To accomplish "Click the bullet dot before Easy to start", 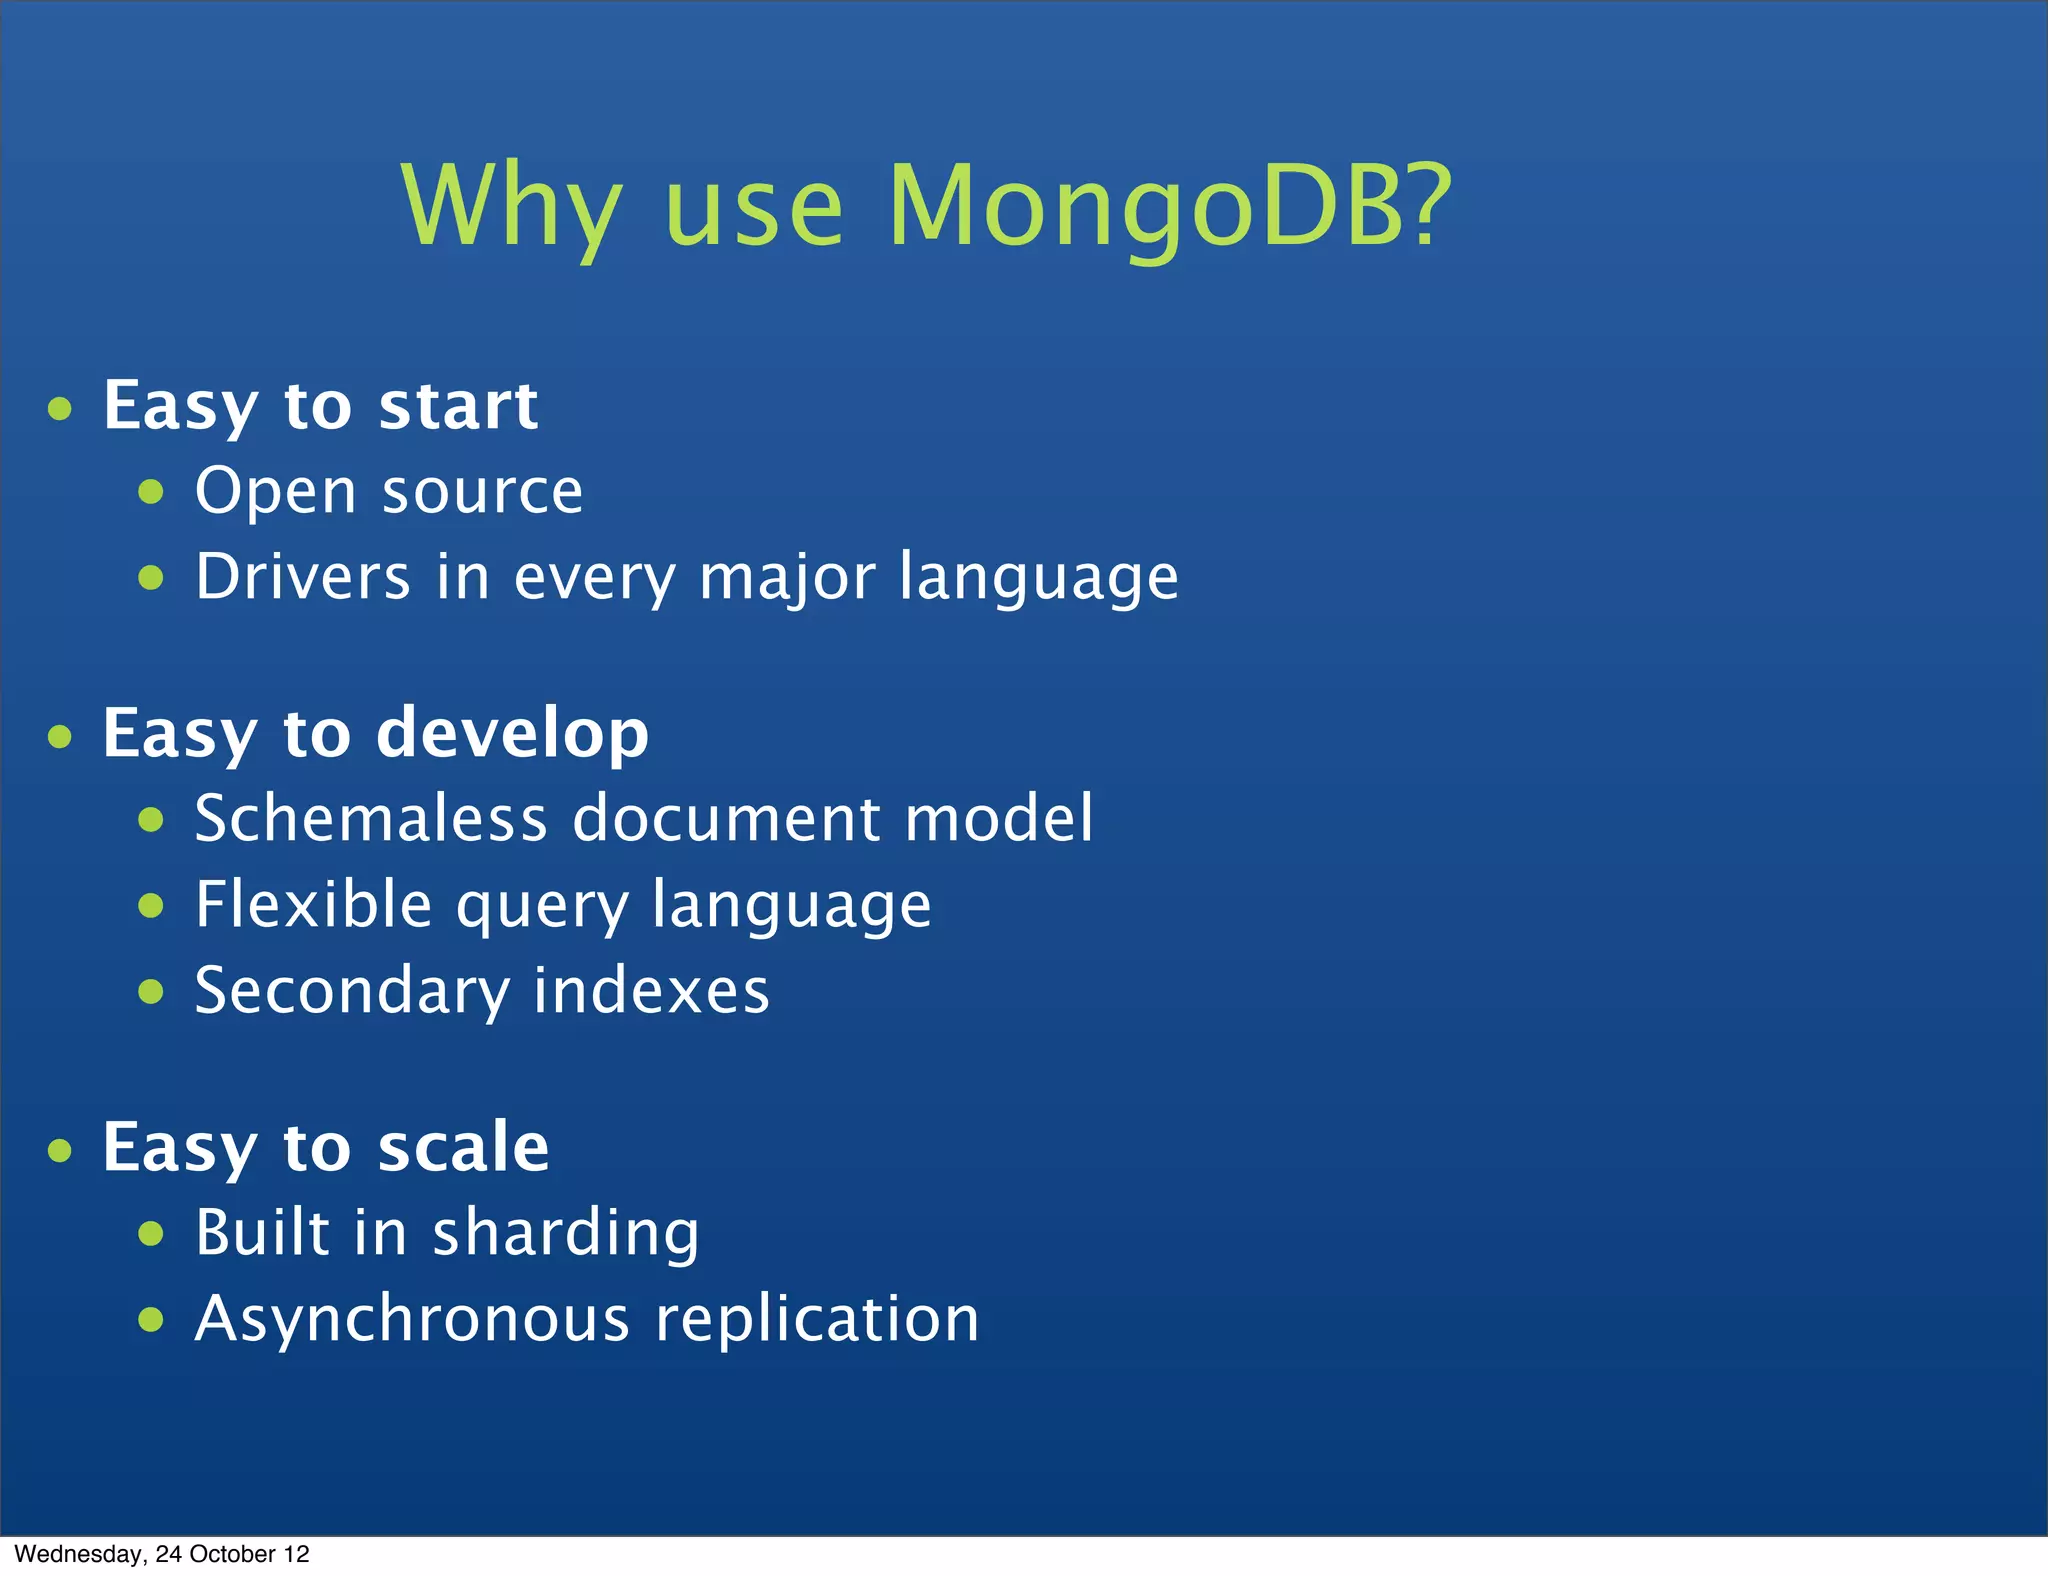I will [x=60, y=409].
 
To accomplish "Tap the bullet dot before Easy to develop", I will [x=60, y=737].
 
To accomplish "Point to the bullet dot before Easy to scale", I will [x=60, y=1150].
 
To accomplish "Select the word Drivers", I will [x=302, y=577].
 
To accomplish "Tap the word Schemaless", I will [x=371, y=819].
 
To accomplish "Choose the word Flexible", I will [x=313, y=905].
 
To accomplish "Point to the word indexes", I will [x=651, y=991].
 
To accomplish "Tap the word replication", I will [x=817, y=1320].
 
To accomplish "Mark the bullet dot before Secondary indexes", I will [x=151, y=991].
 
